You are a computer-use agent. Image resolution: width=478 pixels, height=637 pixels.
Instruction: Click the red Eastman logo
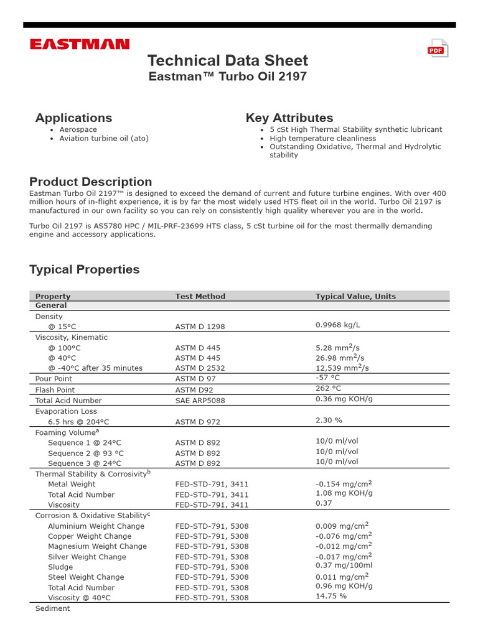pos(80,44)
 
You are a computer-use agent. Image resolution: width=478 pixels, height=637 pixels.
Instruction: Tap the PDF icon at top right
pos(436,50)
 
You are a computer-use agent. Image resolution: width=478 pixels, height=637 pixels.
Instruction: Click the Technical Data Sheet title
pos(227,60)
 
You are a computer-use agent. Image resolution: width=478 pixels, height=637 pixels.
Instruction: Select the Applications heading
pos(73,118)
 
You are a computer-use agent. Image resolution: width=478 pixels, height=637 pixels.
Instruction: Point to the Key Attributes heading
pos(289,118)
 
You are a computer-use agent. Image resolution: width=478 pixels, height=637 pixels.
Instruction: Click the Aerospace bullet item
pos(78,129)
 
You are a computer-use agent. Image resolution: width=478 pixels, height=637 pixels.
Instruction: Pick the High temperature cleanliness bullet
pos(322,138)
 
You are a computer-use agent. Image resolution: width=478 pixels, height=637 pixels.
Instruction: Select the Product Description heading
pos(90,182)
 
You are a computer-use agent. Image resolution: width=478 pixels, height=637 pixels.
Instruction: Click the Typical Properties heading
pos(84,269)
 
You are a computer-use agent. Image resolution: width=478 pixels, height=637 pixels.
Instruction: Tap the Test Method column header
pos(200,296)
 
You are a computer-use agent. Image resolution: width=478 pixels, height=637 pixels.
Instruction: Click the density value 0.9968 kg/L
pos(337,325)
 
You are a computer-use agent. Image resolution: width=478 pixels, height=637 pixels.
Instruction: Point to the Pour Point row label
pos(54,378)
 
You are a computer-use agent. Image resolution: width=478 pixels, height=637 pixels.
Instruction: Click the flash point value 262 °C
pos(328,388)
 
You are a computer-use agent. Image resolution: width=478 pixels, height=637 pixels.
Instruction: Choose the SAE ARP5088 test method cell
pos(200,401)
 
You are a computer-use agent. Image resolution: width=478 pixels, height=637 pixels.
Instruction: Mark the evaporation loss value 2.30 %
pos(329,421)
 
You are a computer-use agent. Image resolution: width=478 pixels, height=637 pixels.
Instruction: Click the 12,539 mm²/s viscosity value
pos(342,367)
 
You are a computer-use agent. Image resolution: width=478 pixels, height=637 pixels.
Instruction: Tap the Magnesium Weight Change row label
pos(97,546)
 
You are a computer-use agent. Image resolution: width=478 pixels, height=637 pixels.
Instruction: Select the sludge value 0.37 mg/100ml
pos(344,565)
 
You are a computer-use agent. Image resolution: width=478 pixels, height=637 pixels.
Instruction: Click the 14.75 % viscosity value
pos(330,595)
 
